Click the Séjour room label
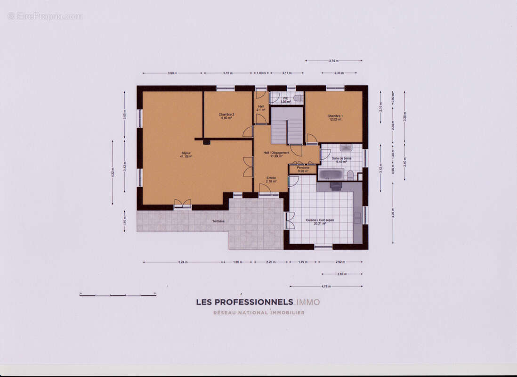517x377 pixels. pyautogui.click(x=186, y=155)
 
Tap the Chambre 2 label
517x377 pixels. pyautogui.click(x=226, y=116)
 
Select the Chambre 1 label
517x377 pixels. pyautogui.click(x=335, y=117)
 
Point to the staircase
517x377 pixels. pyautogui.click(x=287, y=126)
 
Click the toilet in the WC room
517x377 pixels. pyautogui.click(x=298, y=98)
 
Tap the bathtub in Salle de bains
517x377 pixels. pyautogui.click(x=331, y=174)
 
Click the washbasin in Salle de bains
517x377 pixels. pyautogui.click(x=346, y=148)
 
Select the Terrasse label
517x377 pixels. pyautogui.click(x=218, y=221)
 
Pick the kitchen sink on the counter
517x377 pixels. pyautogui.click(x=357, y=218)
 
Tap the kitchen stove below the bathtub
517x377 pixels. pyautogui.click(x=335, y=186)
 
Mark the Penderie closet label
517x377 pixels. pyautogui.click(x=303, y=169)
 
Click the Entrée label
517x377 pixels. pyautogui.click(x=271, y=180)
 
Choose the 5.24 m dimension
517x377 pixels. pyautogui.click(x=183, y=262)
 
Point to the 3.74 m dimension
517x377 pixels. pyautogui.click(x=333, y=61)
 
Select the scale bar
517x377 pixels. pyautogui.click(x=118, y=295)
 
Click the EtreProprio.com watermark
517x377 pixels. pyautogui.click(x=45, y=16)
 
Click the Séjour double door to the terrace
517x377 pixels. pyautogui.click(x=183, y=204)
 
